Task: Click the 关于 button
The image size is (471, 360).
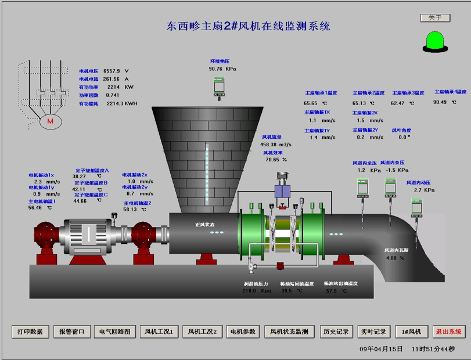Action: [435, 18]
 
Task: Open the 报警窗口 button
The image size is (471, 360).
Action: [73, 332]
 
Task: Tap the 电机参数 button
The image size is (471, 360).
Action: [243, 332]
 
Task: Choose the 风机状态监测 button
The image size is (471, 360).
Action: [290, 332]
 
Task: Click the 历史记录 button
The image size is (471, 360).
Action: [336, 332]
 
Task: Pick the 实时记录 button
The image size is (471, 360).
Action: [373, 332]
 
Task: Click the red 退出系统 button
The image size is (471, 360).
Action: [449, 332]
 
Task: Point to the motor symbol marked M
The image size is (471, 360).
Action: [50, 121]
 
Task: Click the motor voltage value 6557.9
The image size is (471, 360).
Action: [112, 71]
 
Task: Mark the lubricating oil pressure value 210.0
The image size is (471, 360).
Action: [249, 290]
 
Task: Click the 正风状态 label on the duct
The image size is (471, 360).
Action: [204, 224]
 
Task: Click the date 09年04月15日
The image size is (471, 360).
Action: [381, 349]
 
